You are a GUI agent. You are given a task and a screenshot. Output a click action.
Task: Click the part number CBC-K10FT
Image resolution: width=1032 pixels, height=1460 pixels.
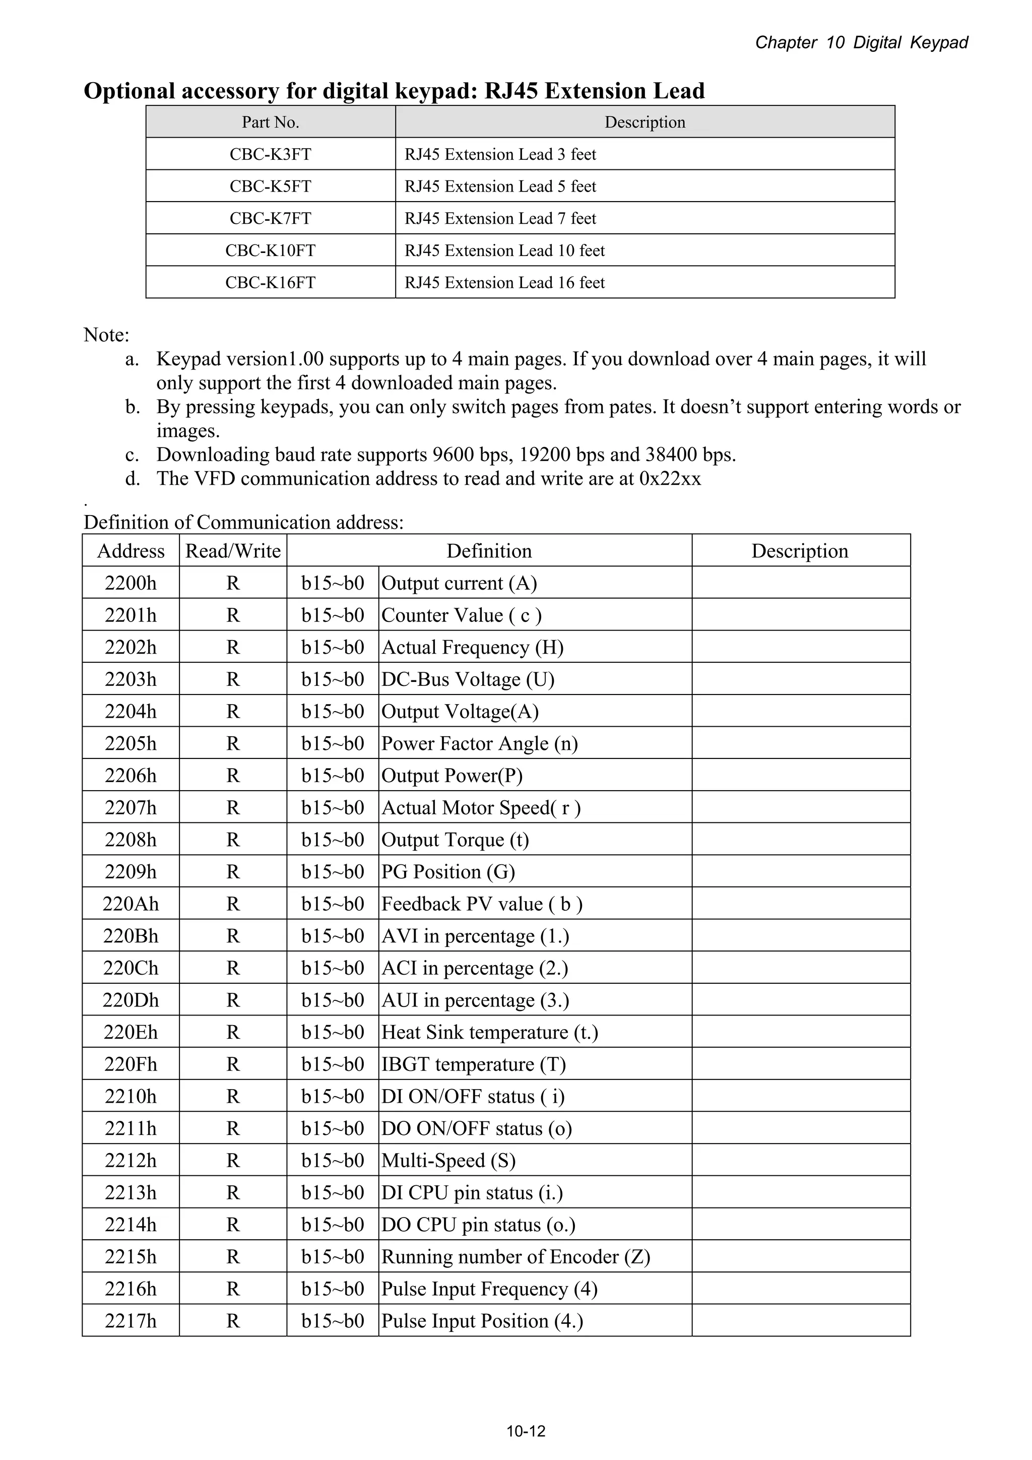pos(270,250)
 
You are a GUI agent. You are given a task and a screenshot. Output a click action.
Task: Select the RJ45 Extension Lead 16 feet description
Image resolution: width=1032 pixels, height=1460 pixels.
pos(504,282)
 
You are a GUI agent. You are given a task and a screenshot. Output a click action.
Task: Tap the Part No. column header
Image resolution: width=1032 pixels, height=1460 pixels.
pos(270,122)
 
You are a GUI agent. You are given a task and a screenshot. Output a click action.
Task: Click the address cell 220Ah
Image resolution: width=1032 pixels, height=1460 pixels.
pos(131,904)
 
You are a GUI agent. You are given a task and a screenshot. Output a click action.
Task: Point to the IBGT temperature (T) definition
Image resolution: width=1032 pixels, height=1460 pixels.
pos(473,1064)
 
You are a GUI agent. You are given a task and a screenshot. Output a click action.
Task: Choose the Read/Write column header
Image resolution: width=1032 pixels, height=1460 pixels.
pos(233,551)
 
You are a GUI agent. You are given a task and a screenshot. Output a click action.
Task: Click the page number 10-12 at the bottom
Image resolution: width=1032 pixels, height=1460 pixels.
pos(526,1431)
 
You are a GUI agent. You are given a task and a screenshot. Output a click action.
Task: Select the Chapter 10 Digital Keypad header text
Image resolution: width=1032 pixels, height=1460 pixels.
pos(861,43)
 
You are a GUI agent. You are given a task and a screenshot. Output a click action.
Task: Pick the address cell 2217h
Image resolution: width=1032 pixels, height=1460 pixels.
pos(131,1321)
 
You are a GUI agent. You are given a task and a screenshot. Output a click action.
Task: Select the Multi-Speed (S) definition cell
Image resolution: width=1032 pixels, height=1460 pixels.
pos(448,1161)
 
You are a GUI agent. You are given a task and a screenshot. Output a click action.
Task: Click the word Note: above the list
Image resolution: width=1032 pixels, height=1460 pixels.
pos(106,335)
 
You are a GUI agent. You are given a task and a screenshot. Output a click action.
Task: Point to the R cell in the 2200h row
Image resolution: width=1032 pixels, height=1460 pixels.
pos(233,583)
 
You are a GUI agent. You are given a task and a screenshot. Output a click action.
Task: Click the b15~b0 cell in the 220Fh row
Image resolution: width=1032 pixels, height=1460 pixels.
pos(333,1064)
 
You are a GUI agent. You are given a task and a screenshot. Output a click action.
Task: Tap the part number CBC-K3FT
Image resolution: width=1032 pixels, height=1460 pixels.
pos(270,154)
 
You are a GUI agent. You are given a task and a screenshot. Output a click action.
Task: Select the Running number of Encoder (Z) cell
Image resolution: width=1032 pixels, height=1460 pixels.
pos(515,1256)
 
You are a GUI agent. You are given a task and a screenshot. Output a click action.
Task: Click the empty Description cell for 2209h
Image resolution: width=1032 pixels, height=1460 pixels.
pos(801,871)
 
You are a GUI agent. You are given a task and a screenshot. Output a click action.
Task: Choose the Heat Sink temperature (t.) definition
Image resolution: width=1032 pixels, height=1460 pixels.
pos(490,1032)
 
